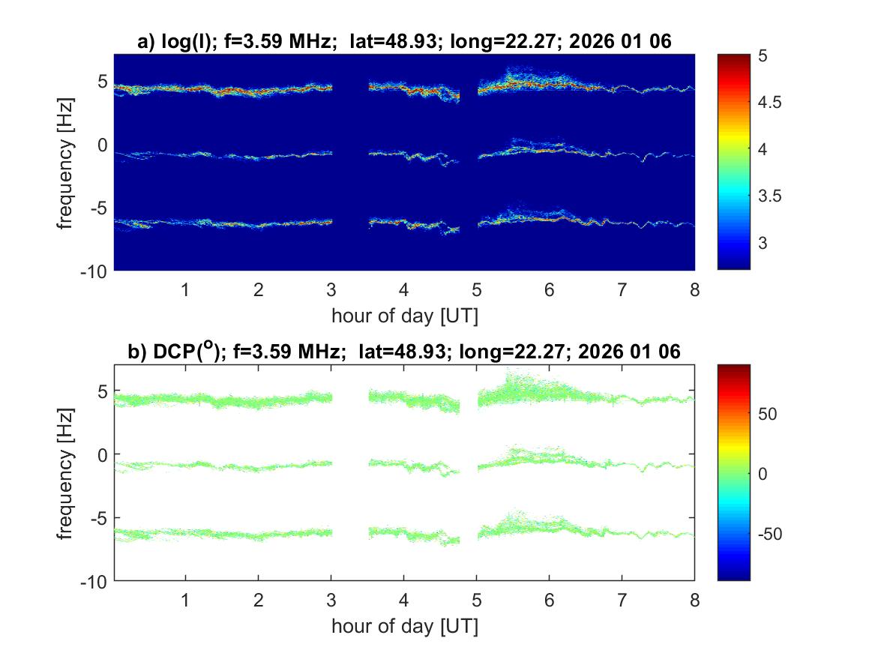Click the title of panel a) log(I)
pos(404,43)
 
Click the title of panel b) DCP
pos(404,352)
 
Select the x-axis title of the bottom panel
pos(404,627)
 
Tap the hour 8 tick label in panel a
pos(694,290)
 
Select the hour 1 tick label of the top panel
pos(186,290)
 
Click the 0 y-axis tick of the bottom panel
pos(103,454)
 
